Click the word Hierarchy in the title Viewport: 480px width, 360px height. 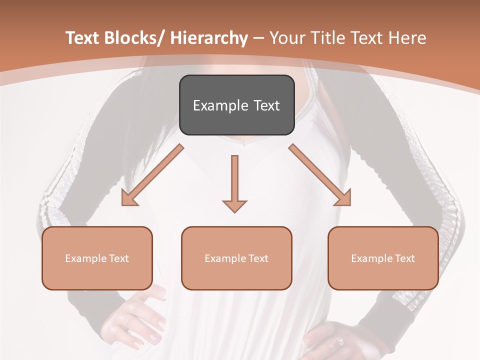(209, 38)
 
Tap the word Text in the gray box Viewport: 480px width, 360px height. (266, 105)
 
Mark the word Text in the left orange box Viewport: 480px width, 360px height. (118, 258)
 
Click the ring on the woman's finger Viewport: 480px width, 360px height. (339, 341)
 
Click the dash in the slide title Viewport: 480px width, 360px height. (258, 38)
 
